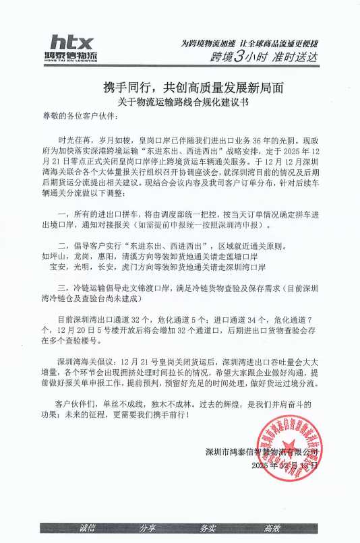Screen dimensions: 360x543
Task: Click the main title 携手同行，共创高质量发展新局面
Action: pos(180,88)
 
